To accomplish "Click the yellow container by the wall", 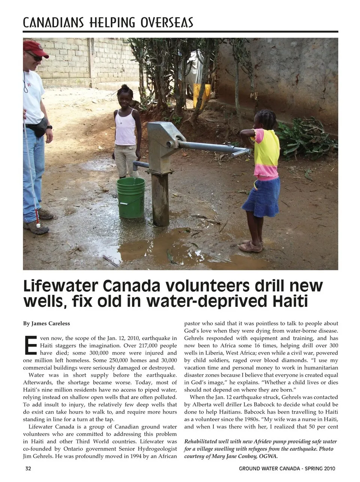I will click(202, 96).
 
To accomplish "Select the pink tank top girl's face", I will click(124, 96).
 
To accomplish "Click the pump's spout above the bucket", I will click(139, 165).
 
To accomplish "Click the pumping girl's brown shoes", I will click(250, 246).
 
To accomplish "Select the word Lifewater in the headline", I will click(58, 286).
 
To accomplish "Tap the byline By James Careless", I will click(46, 323).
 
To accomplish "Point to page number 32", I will click(28, 468).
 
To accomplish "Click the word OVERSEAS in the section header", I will click(167, 23).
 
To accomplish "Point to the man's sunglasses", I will click(35, 57).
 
